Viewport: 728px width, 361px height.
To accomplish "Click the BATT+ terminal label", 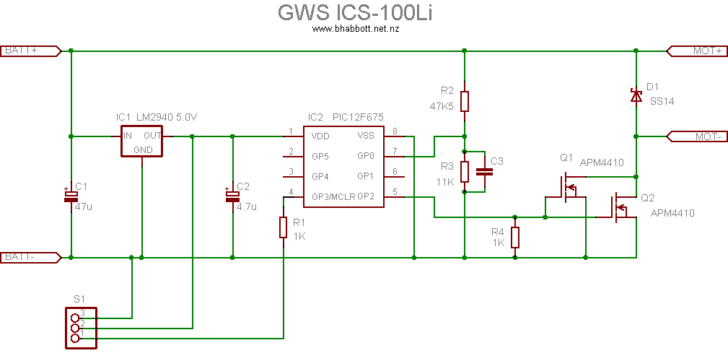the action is (x=30, y=51).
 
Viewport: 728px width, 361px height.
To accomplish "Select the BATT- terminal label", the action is (x=30, y=257).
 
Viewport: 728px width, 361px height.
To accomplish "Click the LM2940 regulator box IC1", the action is (x=142, y=141).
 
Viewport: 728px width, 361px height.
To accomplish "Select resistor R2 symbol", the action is (x=464, y=101).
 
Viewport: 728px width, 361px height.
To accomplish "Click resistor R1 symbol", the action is (x=284, y=227).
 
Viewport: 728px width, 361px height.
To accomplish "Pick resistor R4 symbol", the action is (x=514, y=237).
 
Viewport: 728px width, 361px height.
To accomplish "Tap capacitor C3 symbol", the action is (x=485, y=172).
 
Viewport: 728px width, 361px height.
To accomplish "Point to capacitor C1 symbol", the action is (x=71, y=196).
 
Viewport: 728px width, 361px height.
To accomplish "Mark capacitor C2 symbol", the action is (x=232, y=196).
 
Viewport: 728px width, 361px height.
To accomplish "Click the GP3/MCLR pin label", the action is (x=333, y=196).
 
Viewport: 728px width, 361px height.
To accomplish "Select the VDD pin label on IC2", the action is (x=321, y=136).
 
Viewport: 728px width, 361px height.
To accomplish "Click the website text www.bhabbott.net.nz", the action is (x=356, y=28).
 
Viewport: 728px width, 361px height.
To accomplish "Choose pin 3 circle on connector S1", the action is (x=75, y=318).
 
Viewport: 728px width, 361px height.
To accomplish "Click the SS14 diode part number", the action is (x=661, y=102).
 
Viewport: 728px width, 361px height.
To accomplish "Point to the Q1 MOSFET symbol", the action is (x=566, y=187).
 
